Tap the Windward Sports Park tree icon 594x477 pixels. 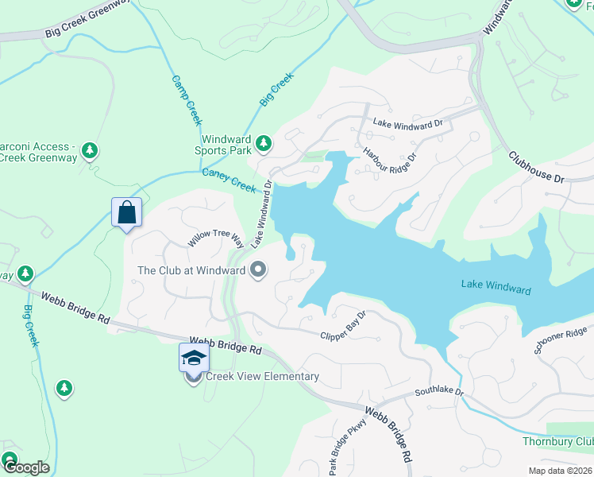(264, 144)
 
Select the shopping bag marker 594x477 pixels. (126, 213)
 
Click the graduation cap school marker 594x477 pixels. (194, 359)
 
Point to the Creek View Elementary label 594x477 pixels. (262, 377)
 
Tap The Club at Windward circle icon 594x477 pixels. (257, 271)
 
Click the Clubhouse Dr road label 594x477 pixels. (536, 168)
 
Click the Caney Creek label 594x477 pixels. (229, 180)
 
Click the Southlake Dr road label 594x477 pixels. (438, 392)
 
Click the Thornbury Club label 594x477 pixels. (557, 441)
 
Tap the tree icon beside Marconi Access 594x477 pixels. (91, 149)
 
